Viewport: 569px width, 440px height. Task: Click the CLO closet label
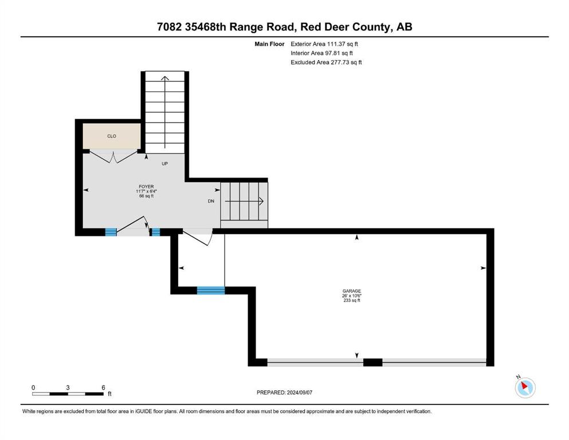[111, 136]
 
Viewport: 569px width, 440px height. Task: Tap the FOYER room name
[146, 186]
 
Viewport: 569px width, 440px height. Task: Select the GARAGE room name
[352, 291]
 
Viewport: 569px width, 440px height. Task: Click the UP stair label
[165, 164]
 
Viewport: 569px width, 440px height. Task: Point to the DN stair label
[211, 201]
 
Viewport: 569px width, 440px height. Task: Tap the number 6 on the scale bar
[103, 387]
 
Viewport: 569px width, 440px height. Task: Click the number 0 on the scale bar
[33, 387]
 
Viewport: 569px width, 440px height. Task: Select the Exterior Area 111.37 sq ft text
[324, 44]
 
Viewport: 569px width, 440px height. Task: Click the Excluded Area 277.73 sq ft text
[326, 62]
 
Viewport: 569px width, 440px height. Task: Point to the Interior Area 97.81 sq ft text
[321, 53]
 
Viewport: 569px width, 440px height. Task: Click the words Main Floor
[269, 44]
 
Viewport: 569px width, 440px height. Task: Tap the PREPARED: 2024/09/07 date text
[284, 392]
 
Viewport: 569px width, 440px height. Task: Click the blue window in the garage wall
[210, 290]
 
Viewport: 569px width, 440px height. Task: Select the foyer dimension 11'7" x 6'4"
[146, 191]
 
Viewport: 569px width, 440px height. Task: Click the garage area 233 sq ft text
[352, 300]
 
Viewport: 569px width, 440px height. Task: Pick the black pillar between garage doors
[372, 362]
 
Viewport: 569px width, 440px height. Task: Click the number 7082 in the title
[170, 27]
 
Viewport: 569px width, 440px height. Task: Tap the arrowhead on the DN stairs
[261, 201]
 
